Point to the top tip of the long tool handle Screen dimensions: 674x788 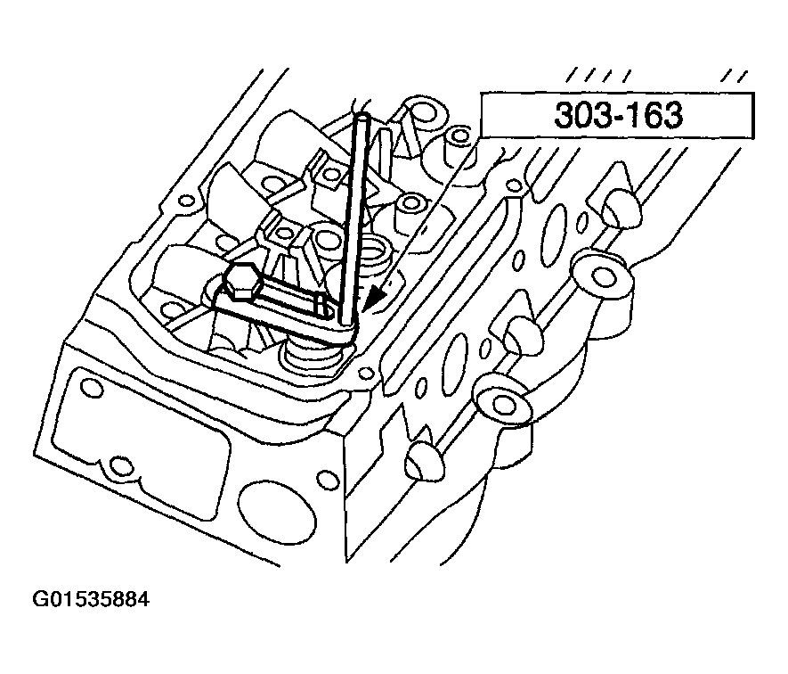point(361,116)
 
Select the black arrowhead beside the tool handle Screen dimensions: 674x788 point(378,299)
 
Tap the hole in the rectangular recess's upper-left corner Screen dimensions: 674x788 point(89,388)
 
